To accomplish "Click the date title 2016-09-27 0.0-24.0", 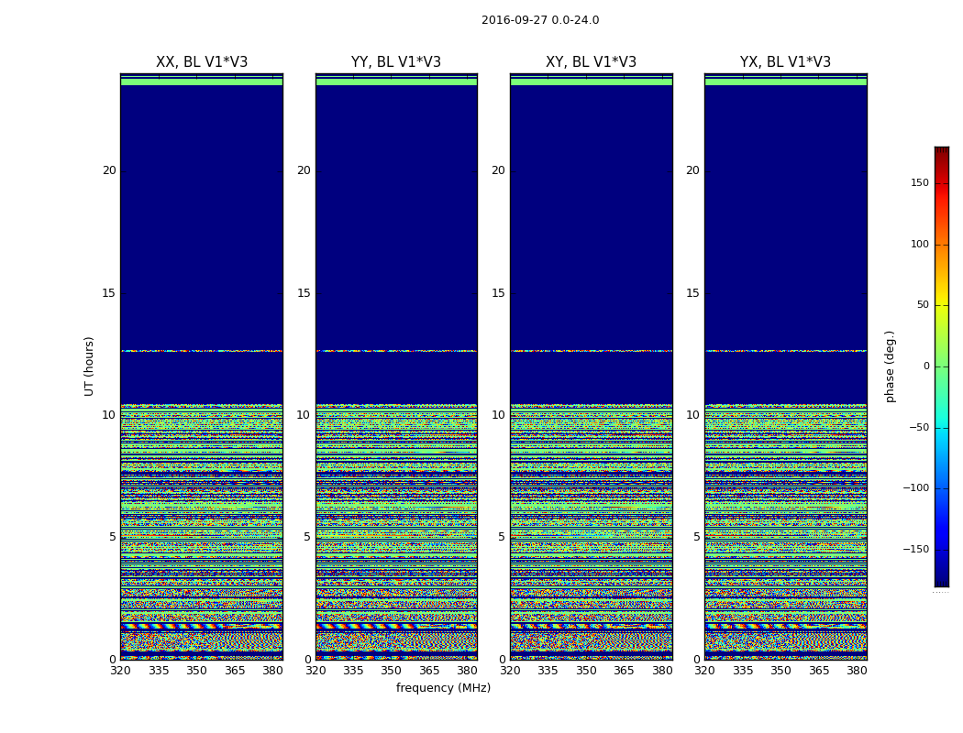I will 540,20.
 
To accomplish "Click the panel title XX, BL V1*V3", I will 202,62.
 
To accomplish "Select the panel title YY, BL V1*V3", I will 396,62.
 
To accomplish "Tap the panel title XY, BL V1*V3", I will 591,62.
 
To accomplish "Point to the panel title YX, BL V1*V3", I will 785,62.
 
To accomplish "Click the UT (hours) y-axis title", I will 90,366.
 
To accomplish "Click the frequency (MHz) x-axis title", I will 443,688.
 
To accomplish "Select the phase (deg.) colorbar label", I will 890,366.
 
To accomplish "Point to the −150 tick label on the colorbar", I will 915,550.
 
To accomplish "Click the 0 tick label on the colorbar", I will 925,366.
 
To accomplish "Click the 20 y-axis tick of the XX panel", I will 109,170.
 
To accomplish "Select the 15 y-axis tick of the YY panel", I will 304,293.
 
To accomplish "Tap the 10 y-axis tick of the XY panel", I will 498,415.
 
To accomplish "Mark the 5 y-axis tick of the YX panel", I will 696,537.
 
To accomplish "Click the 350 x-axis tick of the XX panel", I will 196,671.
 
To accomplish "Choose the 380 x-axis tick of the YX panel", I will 857,671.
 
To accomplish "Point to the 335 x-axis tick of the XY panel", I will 548,671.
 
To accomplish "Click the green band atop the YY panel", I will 396,82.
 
